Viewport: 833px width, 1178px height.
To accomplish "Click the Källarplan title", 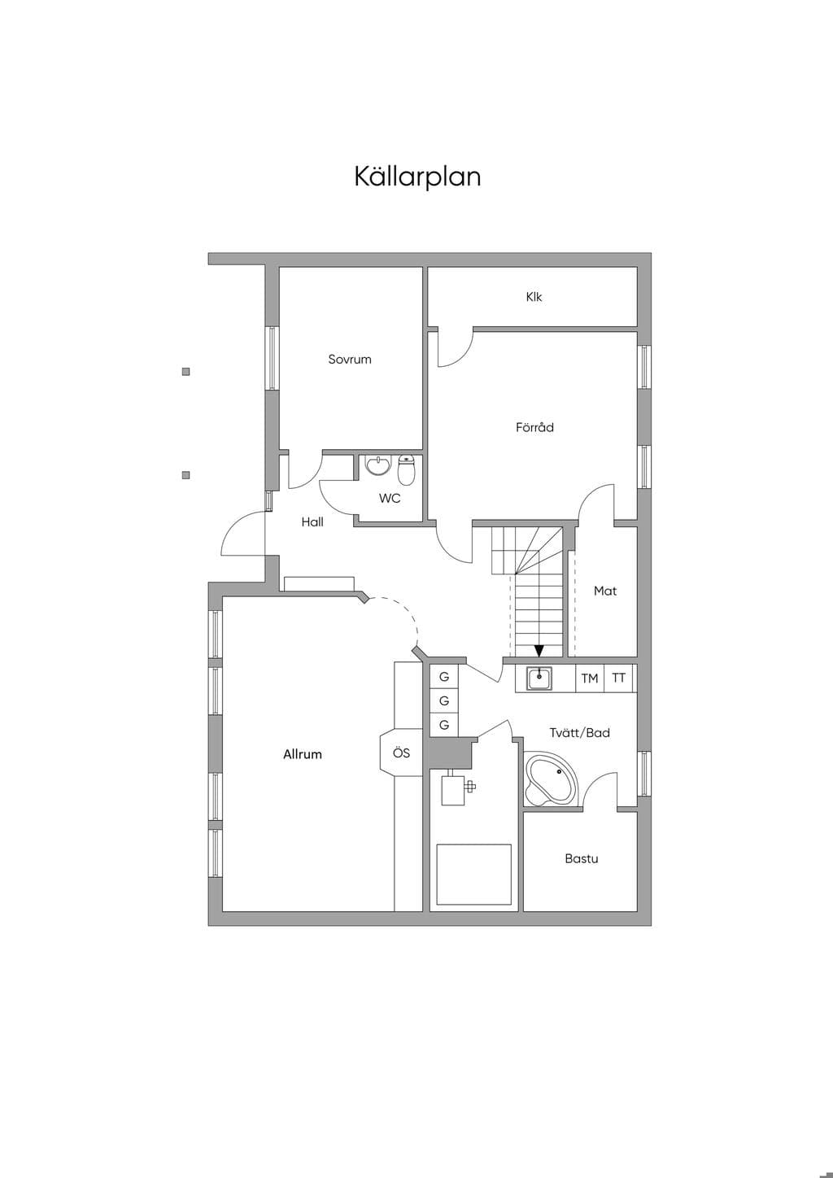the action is pyautogui.click(x=417, y=177).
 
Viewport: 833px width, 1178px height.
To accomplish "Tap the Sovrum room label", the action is pyautogui.click(x=350, y=360).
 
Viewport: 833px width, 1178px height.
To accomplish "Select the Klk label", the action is pyautogui.click(x=534, y=297).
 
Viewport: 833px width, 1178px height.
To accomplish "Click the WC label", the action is pyautogui.click(x=390, y=498).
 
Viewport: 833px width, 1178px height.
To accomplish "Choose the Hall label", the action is pyautogui.click(x=312, y=521).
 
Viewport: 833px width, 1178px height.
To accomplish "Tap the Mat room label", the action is pyautogui.click(x=605, y=591).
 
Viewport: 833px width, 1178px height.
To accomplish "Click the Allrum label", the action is pyautogui.click(x=303, y=754).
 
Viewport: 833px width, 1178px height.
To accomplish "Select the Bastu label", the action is pyautogui.click(x=582, y=858).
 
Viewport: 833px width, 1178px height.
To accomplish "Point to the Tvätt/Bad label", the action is pyautogui.click(x=579, y=732).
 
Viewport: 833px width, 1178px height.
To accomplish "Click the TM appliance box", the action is pyautogui.click(x=590, y=678).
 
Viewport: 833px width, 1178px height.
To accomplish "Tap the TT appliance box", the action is pyautogui.click(x=618, y=678).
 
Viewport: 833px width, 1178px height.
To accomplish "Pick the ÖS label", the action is pyautogui.click(x=401, y=753).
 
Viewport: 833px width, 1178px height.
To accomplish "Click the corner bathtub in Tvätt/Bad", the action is pyautogui.click(x=551, y=779).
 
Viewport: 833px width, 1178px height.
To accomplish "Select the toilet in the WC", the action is pyautogui.click(x=407, y=469).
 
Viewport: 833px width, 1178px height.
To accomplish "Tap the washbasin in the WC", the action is pyautogui.click(x=378, y=466).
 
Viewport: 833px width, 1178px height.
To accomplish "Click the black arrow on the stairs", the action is pyautogui.click(x=539, y=651).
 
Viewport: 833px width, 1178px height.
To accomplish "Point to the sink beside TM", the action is pyautogui.click(x=539, y=678).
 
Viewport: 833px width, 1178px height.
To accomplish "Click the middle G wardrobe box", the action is pyautogui.click(x=444, y=700).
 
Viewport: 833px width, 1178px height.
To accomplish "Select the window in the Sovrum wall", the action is pyautogui.click(x=272, y=358).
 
